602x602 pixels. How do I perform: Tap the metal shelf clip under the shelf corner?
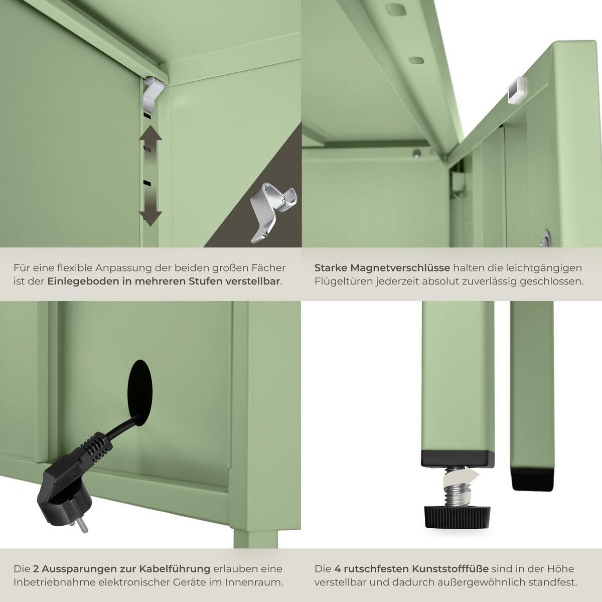click(x=153, y=95)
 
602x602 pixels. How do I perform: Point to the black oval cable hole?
click(x=140, y=392)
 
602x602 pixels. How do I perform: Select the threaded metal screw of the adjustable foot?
click(x=457, y=487)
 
